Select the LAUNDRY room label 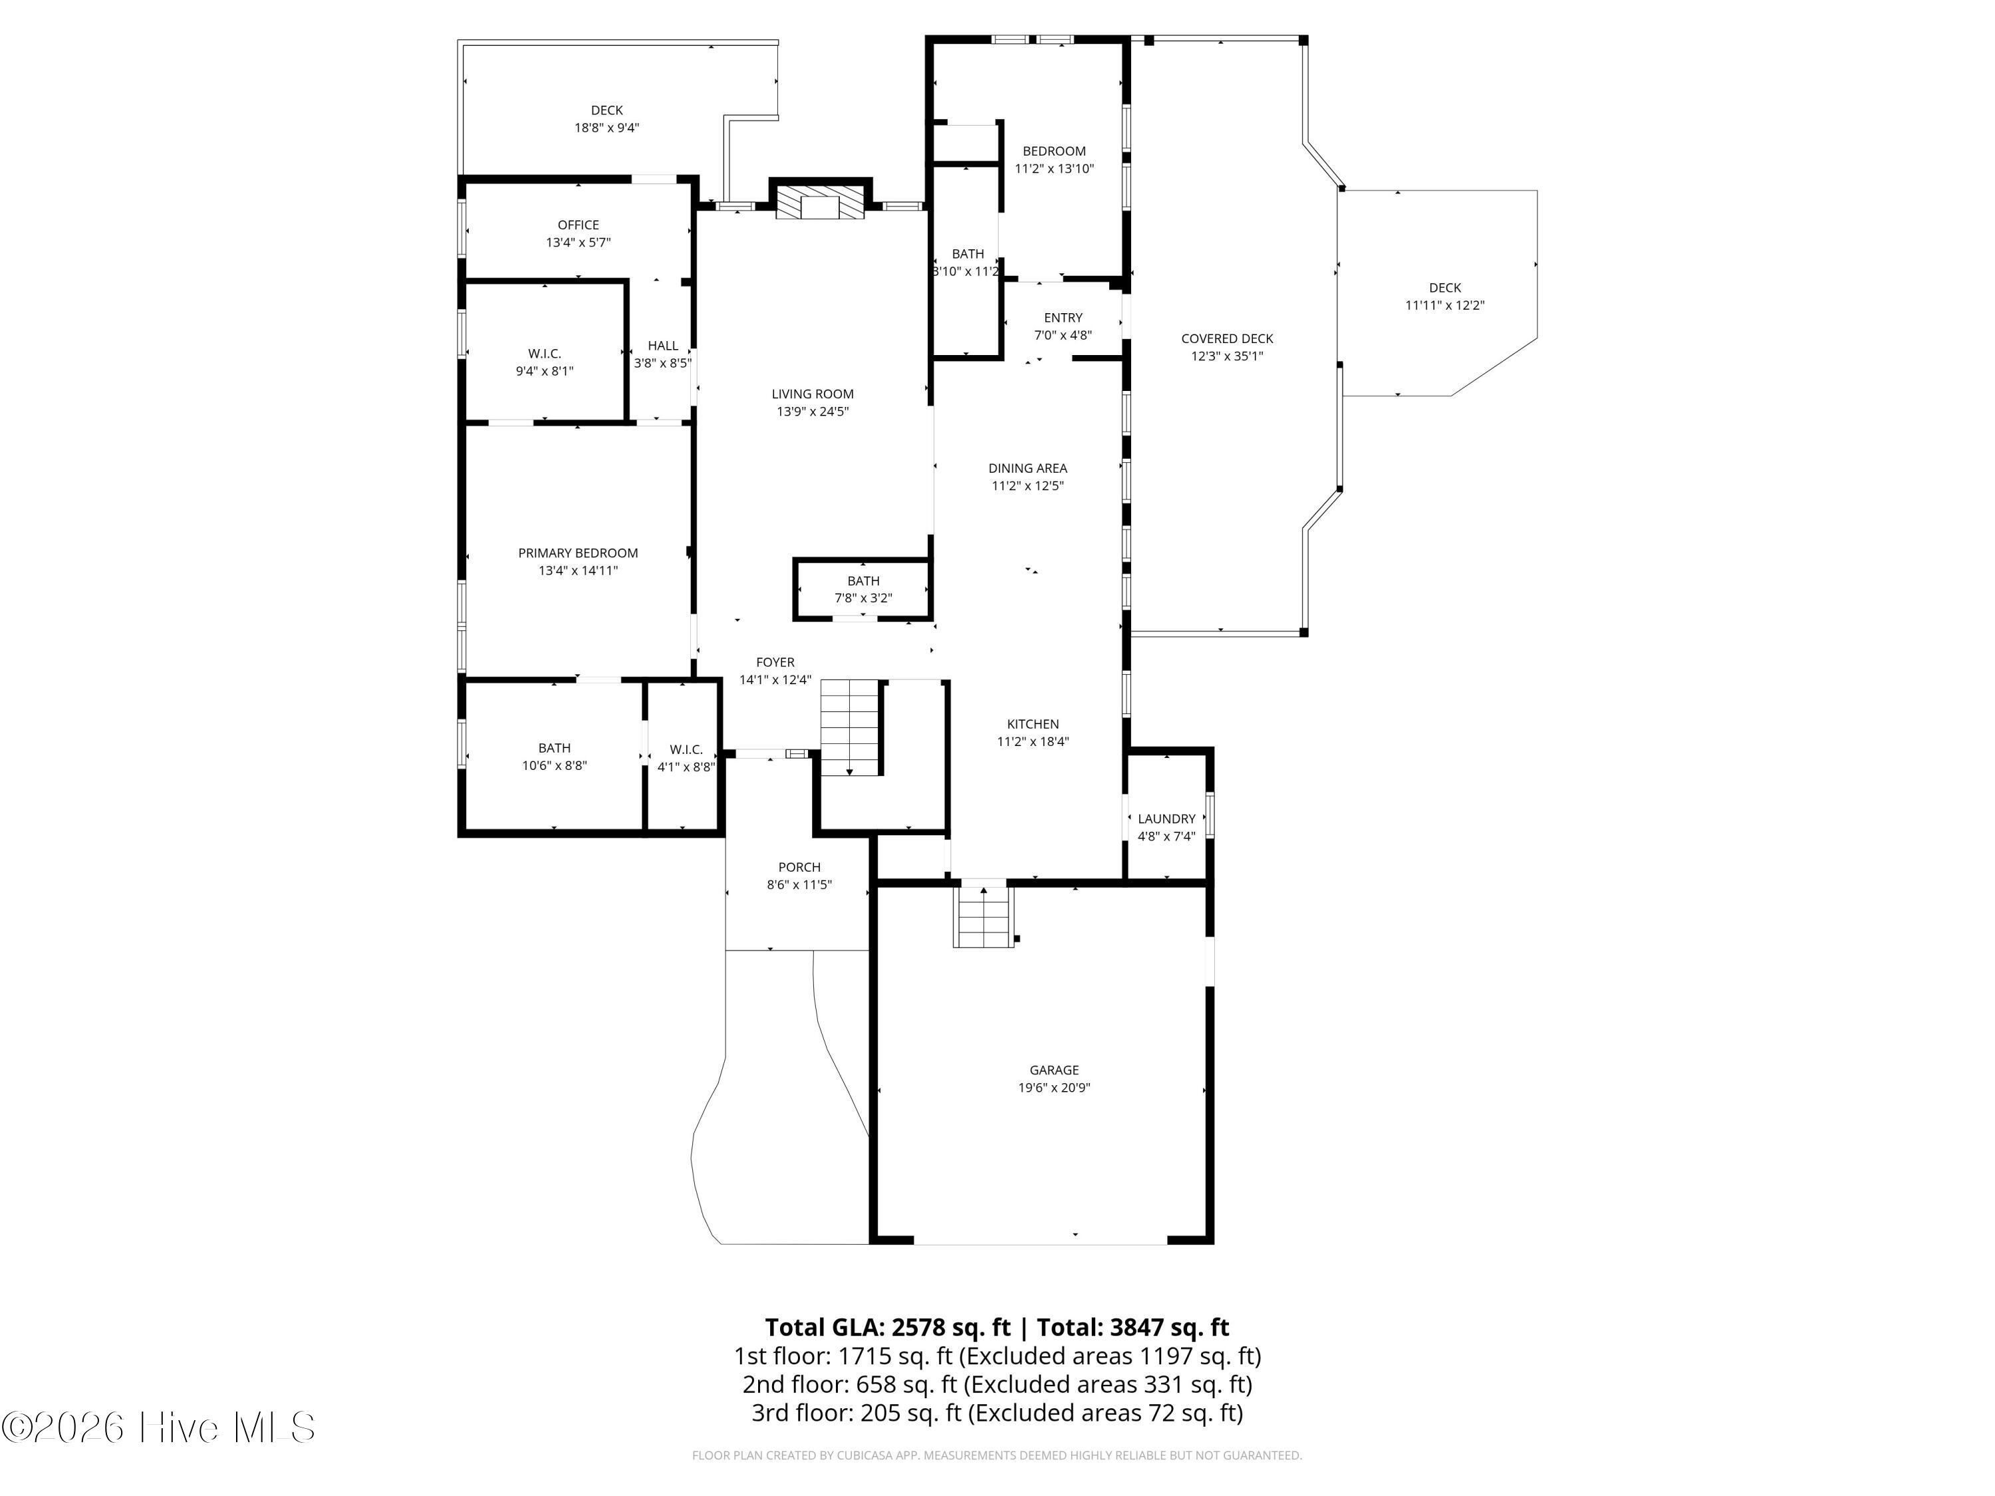coord(1166,818)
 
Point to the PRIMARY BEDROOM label coord(578,553)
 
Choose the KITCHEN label coord(1033,724)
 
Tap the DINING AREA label coord(1027,468)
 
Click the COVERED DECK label coord(1226,339)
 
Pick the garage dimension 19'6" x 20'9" coord(1054,1088)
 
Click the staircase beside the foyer coord(850,727)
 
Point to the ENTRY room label coord(1063,317)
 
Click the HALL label coord(663,345)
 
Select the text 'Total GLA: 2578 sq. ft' coord(888,1327)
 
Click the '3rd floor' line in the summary coord(997,1412)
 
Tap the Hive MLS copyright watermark coord(159,1428)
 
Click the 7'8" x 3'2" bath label coord(863,598)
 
